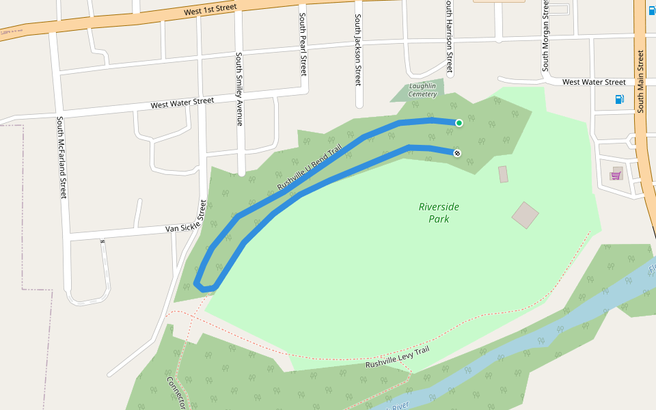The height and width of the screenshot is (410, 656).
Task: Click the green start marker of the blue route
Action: [459, 123]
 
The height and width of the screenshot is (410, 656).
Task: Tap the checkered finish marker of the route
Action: [456, 153]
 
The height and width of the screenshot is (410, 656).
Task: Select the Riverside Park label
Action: [439, 213]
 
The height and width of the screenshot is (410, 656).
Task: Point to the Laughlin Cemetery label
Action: [422, 90]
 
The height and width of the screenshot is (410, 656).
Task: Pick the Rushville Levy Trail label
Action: [397, 357]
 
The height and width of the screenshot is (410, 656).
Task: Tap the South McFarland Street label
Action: [61, 158]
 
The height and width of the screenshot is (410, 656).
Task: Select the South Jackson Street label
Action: [357, 51]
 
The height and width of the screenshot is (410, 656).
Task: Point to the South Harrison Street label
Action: [449, 37]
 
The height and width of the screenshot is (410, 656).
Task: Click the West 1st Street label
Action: [210, 10]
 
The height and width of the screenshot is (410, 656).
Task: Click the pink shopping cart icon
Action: [616, 176]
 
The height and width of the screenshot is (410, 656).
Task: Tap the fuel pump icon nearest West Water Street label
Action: [619, 99]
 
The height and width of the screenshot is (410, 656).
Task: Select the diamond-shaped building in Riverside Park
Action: [525, 215]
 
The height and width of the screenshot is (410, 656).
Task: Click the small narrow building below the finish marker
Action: [504, 174]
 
